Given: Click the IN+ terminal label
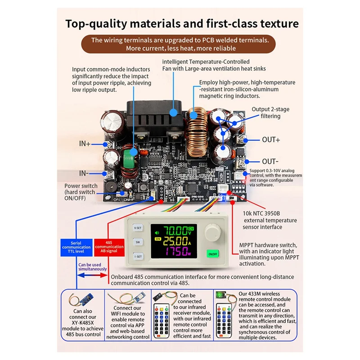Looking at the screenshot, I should click(x=85, y=144).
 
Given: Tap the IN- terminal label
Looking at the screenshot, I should click(x=84, y=173).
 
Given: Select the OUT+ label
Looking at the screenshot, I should click(x=271, y=139).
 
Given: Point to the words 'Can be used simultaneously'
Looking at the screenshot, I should click(x=92, y=266).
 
